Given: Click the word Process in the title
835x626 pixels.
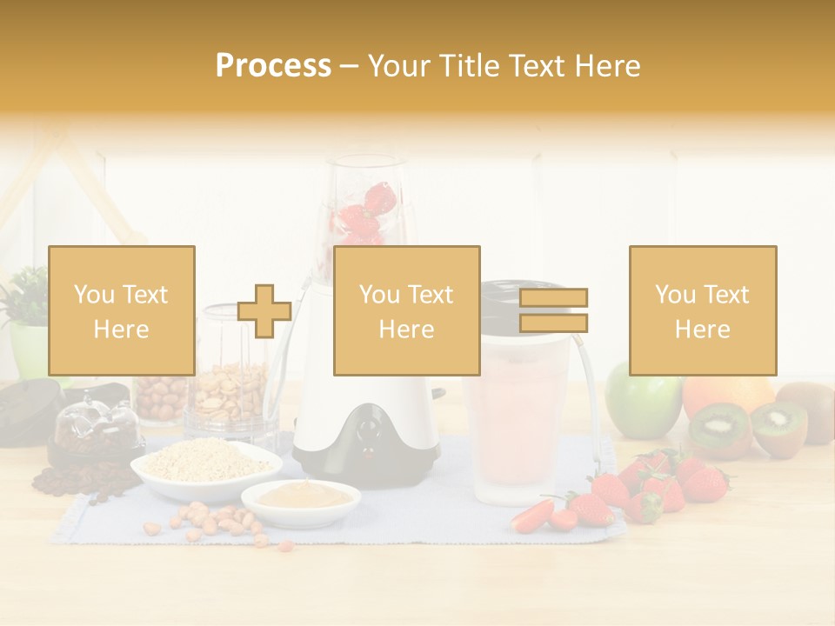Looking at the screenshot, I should [273, 66].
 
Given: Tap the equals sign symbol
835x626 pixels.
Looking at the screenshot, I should [553, 310].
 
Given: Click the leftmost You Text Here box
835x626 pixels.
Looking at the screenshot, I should [122, 310].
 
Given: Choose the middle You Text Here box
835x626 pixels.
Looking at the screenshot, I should [406, 310].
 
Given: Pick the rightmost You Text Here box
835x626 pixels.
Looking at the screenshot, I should [702, 310].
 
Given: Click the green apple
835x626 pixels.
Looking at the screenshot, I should [643, 401].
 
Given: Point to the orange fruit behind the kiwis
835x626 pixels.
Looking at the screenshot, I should [726, 392].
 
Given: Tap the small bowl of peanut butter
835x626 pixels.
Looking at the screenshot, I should [300, 497].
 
